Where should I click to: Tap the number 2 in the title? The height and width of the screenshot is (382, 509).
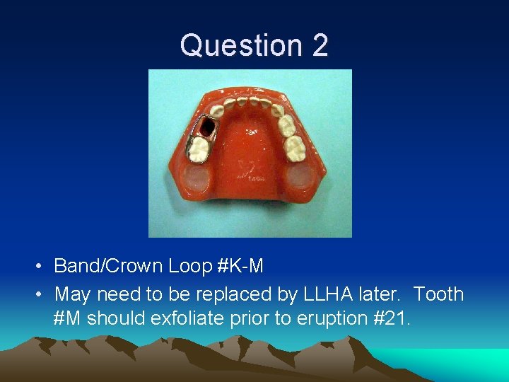[x=320, y=45]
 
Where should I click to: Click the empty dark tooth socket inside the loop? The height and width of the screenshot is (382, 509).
[x=208, y=128]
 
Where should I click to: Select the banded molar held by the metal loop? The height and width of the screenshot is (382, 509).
[x=199, y=149]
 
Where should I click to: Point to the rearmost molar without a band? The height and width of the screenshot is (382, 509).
[x=295, y=148]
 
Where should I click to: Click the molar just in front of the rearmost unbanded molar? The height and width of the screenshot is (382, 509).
[x=287, y=126]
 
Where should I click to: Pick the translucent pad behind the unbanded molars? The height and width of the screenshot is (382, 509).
[x=303, y=177]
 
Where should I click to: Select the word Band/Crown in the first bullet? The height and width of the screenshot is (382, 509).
[x=108, y=266]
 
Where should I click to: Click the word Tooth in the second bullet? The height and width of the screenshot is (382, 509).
[x=438, y=294]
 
